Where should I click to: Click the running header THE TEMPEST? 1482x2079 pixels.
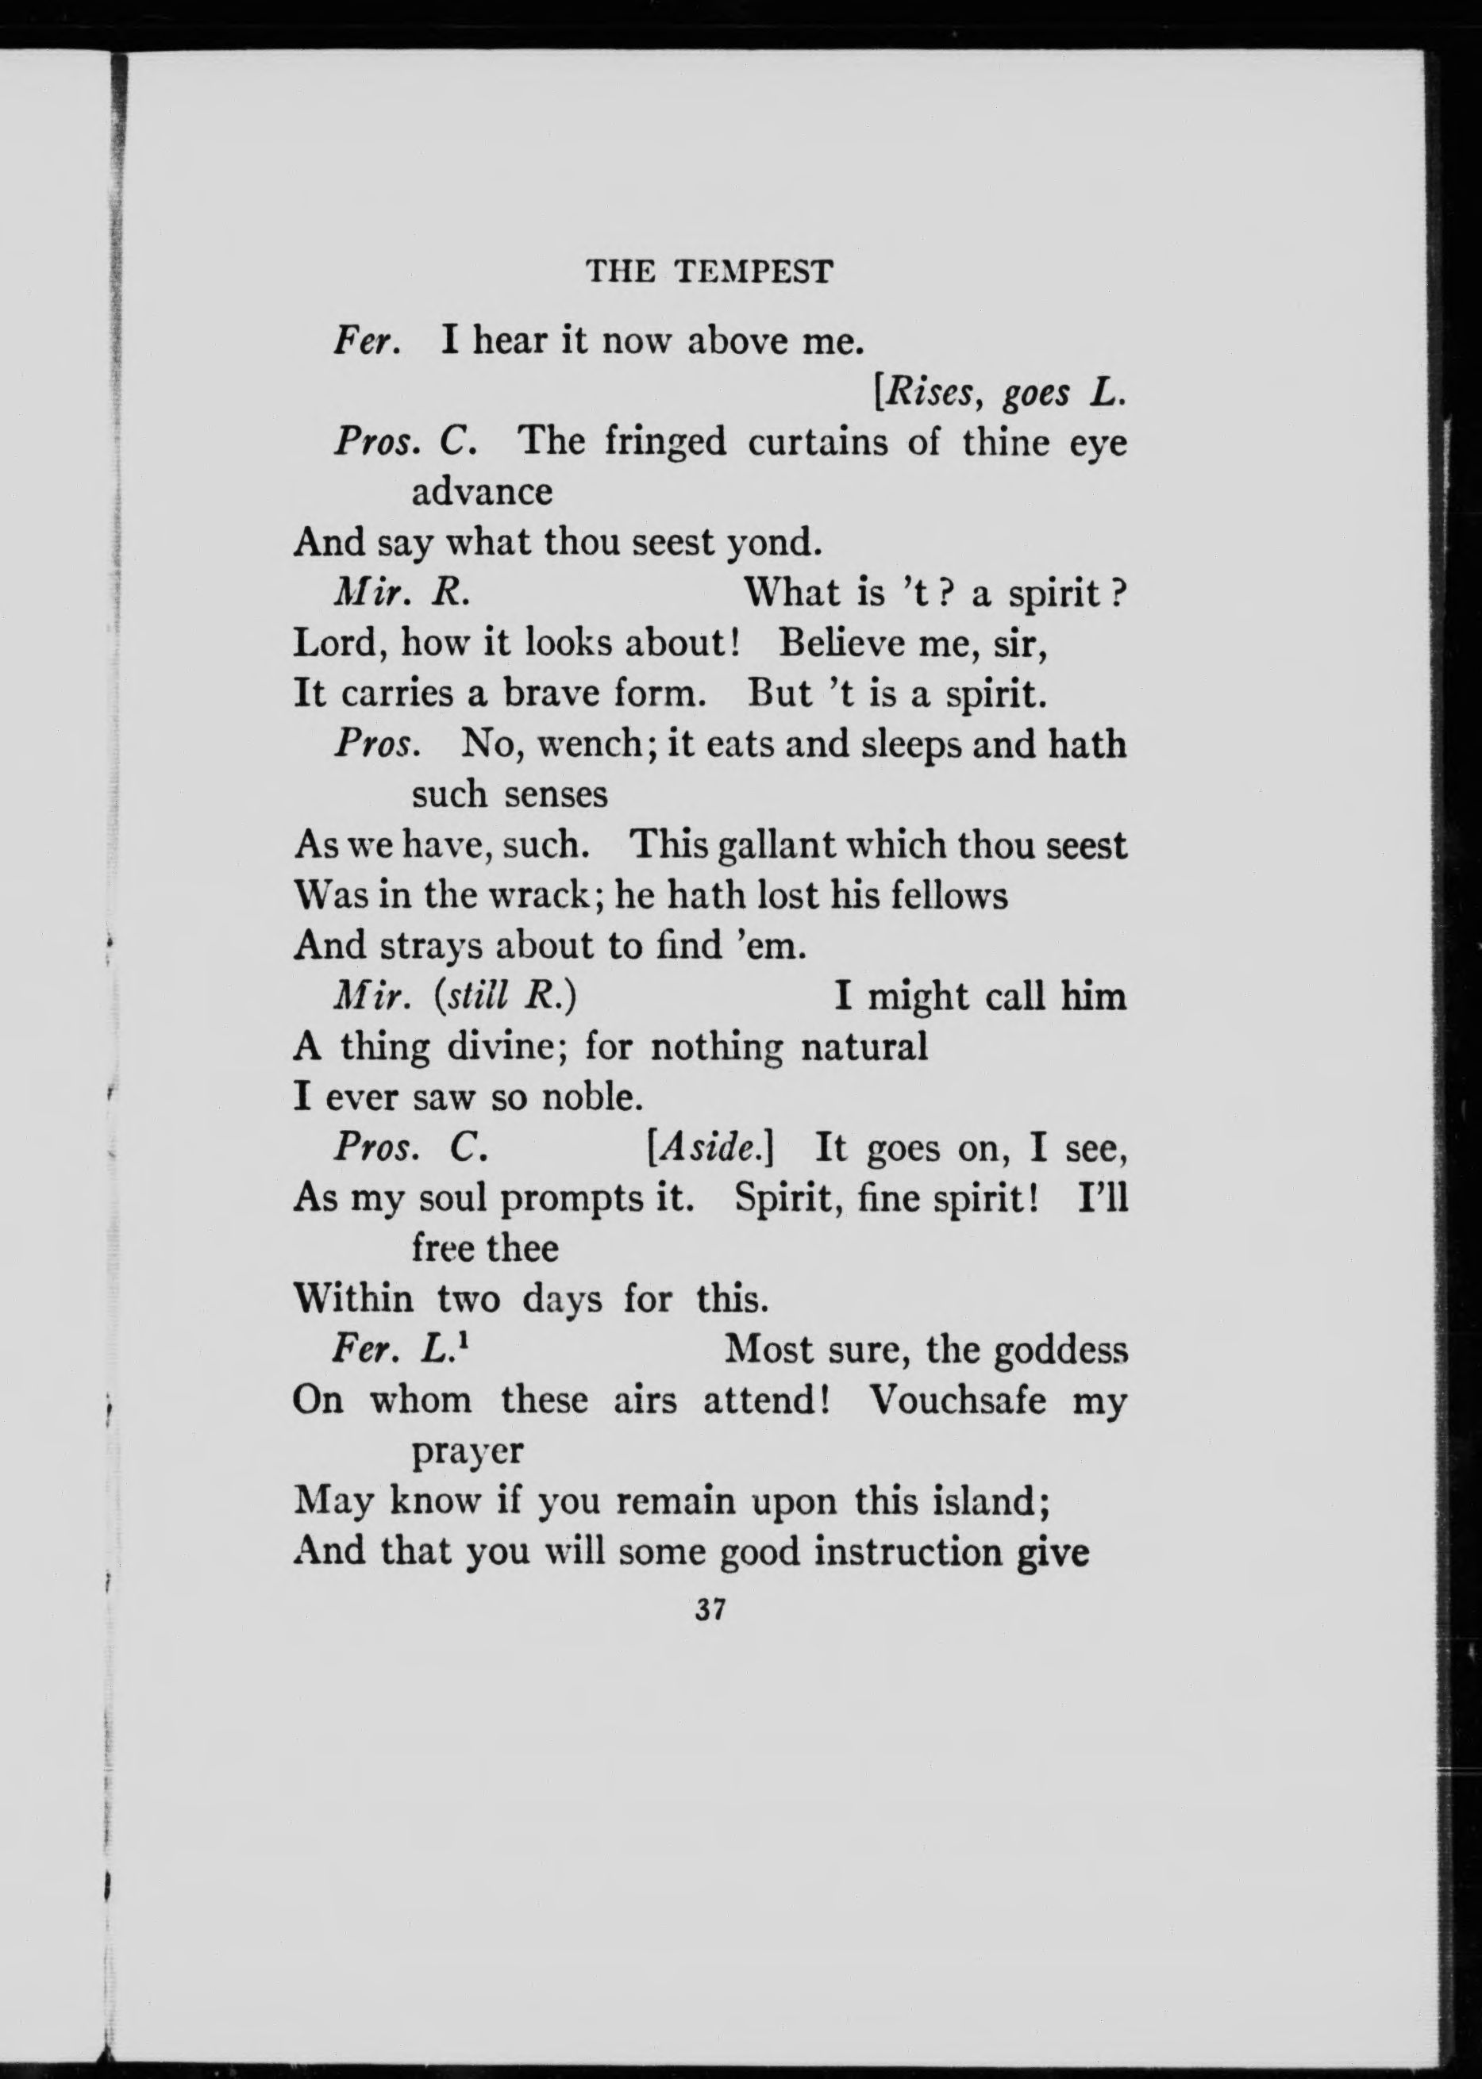(x=709, y=272)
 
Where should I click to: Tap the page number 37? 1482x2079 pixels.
(x=709, y=1610)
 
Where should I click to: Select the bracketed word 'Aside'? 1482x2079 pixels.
(x=709, y=1147)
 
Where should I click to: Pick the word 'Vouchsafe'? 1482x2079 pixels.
(x=957, y=1400)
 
